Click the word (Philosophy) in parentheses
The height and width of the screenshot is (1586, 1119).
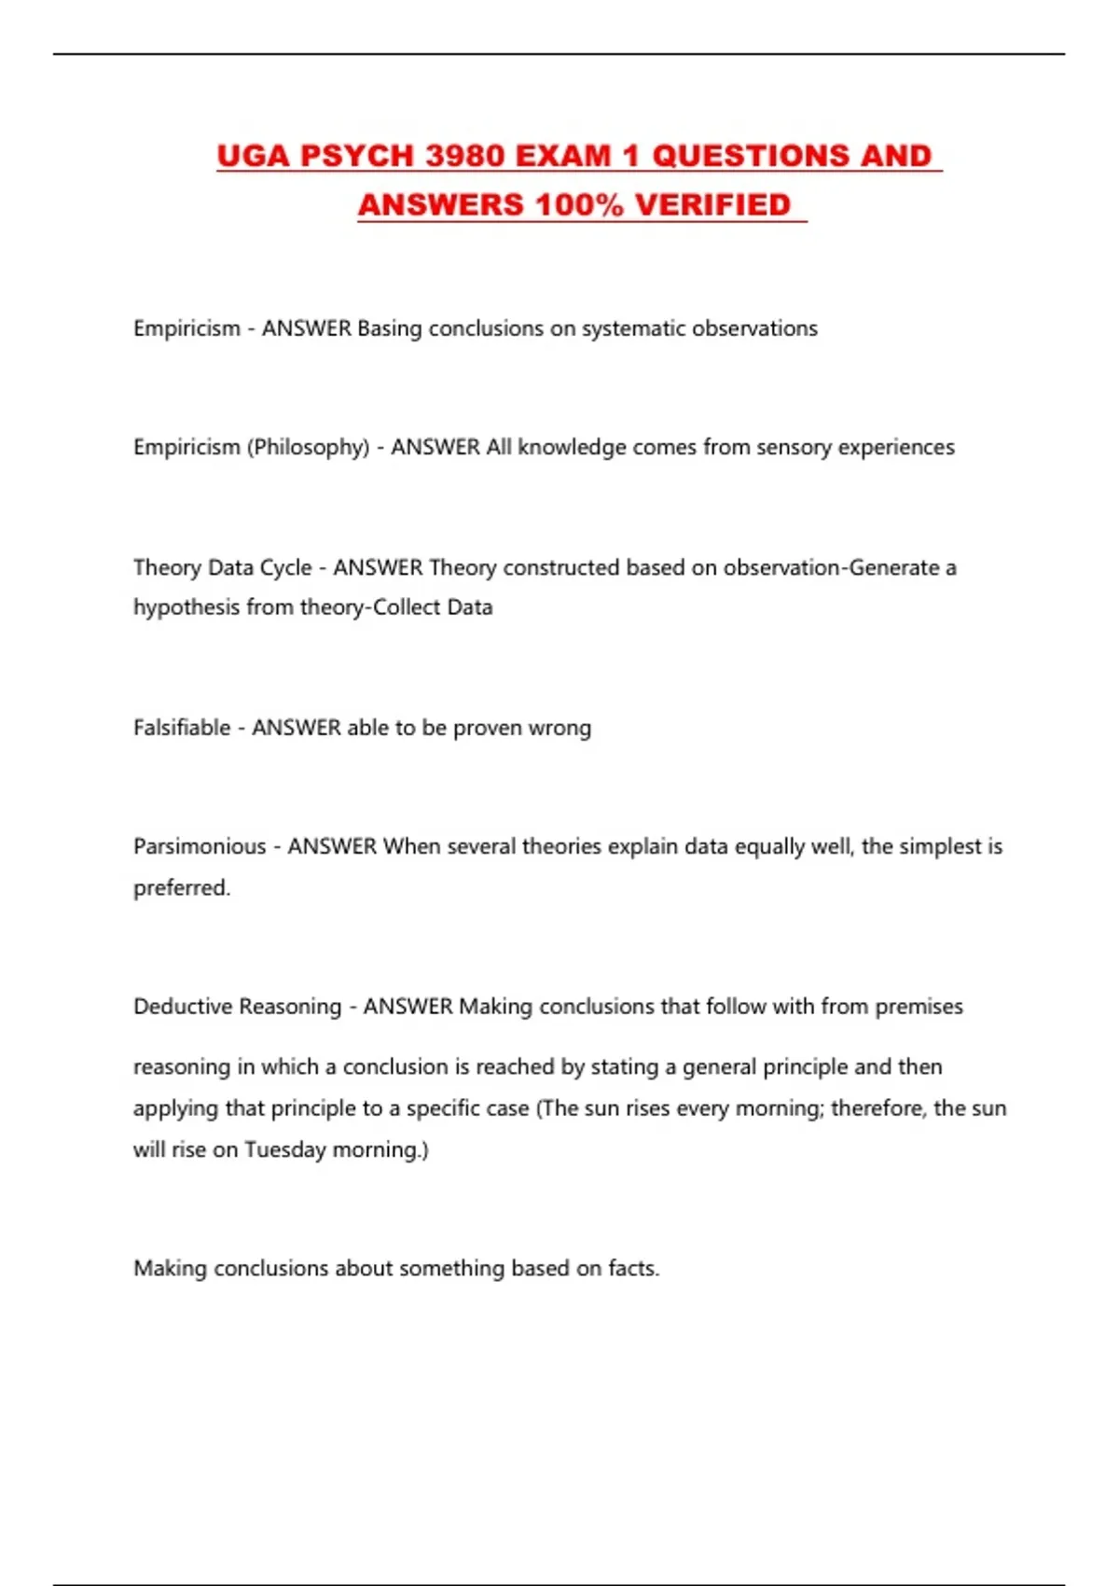[x=308, y=448]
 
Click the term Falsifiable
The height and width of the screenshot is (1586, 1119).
[x=182, y=728]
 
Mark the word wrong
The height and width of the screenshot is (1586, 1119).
[x=559, y=728]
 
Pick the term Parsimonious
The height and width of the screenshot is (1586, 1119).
[x=200, y=847]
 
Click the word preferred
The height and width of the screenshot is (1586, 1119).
[x=181, y=888]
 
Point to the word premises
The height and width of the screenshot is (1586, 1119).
[x=919, y=1007]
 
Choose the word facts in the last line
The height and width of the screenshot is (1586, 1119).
[x=633, y=1269]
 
